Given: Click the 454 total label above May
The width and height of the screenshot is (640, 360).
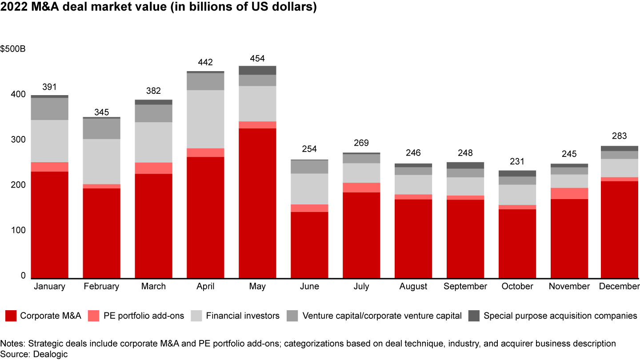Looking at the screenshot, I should tap(257, 58).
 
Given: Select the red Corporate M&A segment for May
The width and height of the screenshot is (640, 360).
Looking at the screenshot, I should tap(257, 203).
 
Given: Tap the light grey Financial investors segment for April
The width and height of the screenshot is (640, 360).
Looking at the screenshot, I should tap(205, 119).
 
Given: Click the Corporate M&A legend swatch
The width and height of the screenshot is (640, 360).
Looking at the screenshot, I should tap(11, 316).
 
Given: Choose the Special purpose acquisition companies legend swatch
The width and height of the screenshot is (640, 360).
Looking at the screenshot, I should tap(474, 316).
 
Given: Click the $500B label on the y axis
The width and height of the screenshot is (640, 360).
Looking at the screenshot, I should tap(13, 49).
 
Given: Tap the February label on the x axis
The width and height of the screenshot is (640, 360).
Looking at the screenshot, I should tap(101, 286).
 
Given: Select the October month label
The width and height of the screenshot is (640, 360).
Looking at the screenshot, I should tap(517, 286).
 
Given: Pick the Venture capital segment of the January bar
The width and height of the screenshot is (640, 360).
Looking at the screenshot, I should tap(50, 109).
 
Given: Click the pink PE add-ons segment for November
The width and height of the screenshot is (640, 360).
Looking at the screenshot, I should tap(569, 193).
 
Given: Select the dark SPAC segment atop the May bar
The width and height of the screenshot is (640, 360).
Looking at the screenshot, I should tap(257, 70).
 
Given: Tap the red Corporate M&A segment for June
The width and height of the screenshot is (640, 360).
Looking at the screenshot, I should tap(309, 245).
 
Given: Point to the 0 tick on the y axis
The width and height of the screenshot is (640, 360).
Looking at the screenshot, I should tap(23, 276).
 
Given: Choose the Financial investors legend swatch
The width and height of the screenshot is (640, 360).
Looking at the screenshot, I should tap(196, 316).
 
